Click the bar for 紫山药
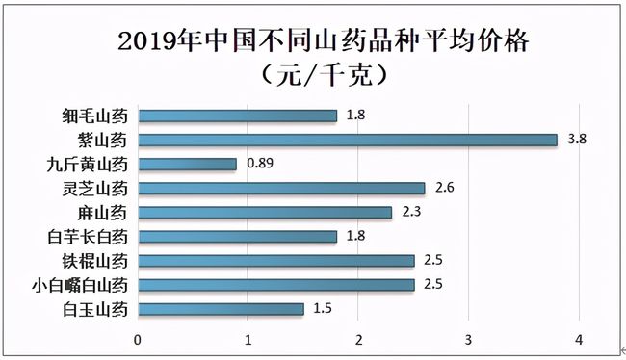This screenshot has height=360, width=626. tap(348, 140)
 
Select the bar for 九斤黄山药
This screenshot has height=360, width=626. tap(188, 164)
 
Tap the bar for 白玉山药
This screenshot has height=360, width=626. tap(222, 309)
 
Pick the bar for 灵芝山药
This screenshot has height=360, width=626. tap(282, 188)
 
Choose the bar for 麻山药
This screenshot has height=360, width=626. tap(266, 212)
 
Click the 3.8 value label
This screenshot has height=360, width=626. tap(577, 140)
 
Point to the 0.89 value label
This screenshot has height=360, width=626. tap(259, 164)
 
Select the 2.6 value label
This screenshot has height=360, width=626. tap(445, 188)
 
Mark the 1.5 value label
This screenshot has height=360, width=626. tap(325, 309)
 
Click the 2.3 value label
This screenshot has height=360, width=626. tap(412, 212)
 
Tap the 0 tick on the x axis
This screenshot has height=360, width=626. tap(139, 340)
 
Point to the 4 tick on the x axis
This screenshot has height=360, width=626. tap(579, 340)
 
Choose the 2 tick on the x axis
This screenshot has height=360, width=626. tap(359, 340)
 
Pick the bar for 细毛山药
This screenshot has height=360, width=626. tap(238, 116)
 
